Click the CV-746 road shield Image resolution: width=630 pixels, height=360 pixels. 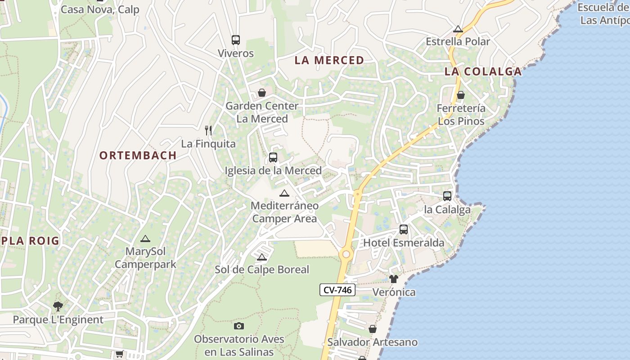click(x=337, y=290)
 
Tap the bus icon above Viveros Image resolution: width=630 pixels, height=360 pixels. click(x=236, y=40)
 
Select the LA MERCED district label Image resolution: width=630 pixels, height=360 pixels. click(x=329, y=60)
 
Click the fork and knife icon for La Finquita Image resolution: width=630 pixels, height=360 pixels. click(x=208, y=130)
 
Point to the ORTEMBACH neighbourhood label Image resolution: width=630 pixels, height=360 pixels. click(x=138, y=156)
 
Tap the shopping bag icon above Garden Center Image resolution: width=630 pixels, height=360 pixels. click(x=262, y=93)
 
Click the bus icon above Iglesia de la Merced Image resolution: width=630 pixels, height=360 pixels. click(x=273, y=157)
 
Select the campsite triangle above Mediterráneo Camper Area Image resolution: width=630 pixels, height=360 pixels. click(x=284, y=193)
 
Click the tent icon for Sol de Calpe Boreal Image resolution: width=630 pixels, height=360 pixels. click(x=262, y=257)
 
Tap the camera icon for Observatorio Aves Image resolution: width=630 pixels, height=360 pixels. click(x=239, y=326)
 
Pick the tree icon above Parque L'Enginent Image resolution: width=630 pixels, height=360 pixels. click(x=58, y=306)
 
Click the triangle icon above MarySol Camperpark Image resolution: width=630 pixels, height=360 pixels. click(x=145, y=239)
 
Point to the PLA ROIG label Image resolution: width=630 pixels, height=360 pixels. click(x=30, y=241)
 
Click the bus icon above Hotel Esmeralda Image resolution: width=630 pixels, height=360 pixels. click(x=404, y=229)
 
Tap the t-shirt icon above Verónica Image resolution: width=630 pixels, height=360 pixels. click(x=394, y=279)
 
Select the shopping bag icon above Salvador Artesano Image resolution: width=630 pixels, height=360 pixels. click(x=373, y=329)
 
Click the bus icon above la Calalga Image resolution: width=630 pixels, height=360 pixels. click(x=447, y=196)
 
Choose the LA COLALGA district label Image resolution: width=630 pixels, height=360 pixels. click(x=483, y=72)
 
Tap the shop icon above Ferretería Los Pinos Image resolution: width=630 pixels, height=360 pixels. click(x=461, y=95)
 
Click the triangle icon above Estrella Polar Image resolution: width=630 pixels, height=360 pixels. click(x=458, y=29)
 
